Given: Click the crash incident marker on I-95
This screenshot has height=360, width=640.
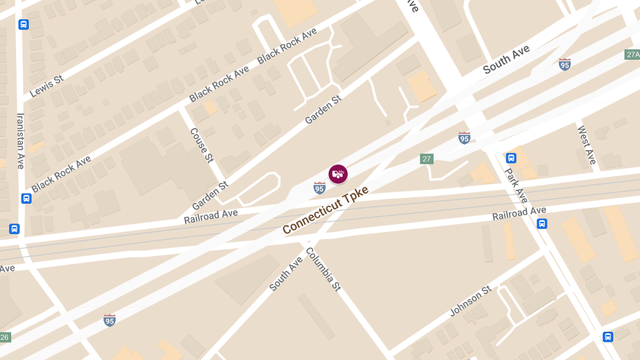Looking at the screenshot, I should pos(338,174).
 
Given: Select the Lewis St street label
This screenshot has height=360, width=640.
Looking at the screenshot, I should pos(46,86).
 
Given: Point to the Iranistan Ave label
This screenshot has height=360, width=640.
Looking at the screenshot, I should pos(21,140).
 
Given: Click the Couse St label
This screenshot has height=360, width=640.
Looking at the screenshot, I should pos(202,145).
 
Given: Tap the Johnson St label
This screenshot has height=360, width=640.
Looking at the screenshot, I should pos(470,301).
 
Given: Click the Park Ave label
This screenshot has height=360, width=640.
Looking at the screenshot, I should pos(516,186).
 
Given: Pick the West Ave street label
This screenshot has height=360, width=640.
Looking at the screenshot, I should pos(586,145).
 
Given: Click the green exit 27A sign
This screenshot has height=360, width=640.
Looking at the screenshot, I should pos(633,55).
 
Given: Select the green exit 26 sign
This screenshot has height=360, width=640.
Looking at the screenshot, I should pos(5,337).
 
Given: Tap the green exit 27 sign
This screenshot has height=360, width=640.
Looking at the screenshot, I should pos(426,159).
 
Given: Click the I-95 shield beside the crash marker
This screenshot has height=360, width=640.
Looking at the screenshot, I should pos(319,188).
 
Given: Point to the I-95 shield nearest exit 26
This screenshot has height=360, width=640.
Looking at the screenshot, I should pos(109,320).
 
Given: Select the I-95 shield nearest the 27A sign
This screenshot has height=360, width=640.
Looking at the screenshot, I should pos(565,65).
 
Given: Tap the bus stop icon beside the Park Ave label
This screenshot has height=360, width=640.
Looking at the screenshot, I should pos(511,158).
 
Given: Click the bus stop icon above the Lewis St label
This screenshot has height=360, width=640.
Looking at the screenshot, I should pos(23,25).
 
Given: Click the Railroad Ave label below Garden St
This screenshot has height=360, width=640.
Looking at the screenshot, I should pos(211,216).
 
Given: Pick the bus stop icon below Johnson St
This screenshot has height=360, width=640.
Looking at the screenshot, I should pos(607,337).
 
